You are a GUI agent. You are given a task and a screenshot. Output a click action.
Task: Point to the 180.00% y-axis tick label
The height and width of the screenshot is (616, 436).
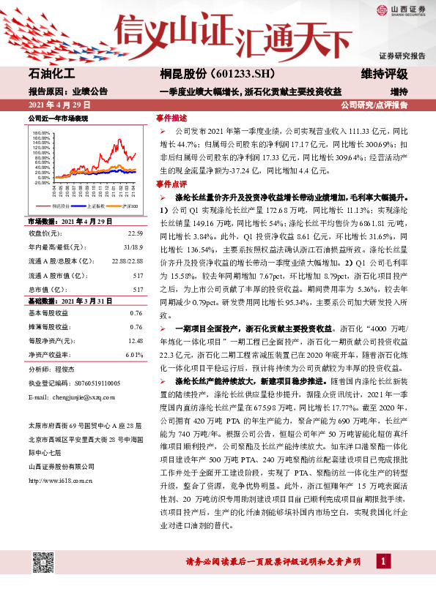(41, 133)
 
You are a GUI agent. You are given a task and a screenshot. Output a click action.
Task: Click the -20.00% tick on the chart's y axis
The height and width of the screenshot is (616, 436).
(41, 182)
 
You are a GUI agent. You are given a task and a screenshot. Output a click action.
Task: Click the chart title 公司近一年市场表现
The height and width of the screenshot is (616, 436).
(58, 118)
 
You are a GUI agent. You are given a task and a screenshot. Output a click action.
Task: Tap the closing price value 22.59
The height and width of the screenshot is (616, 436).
(135, 233)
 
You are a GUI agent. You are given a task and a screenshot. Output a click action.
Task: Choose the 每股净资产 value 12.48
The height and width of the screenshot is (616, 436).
(135, 340)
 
